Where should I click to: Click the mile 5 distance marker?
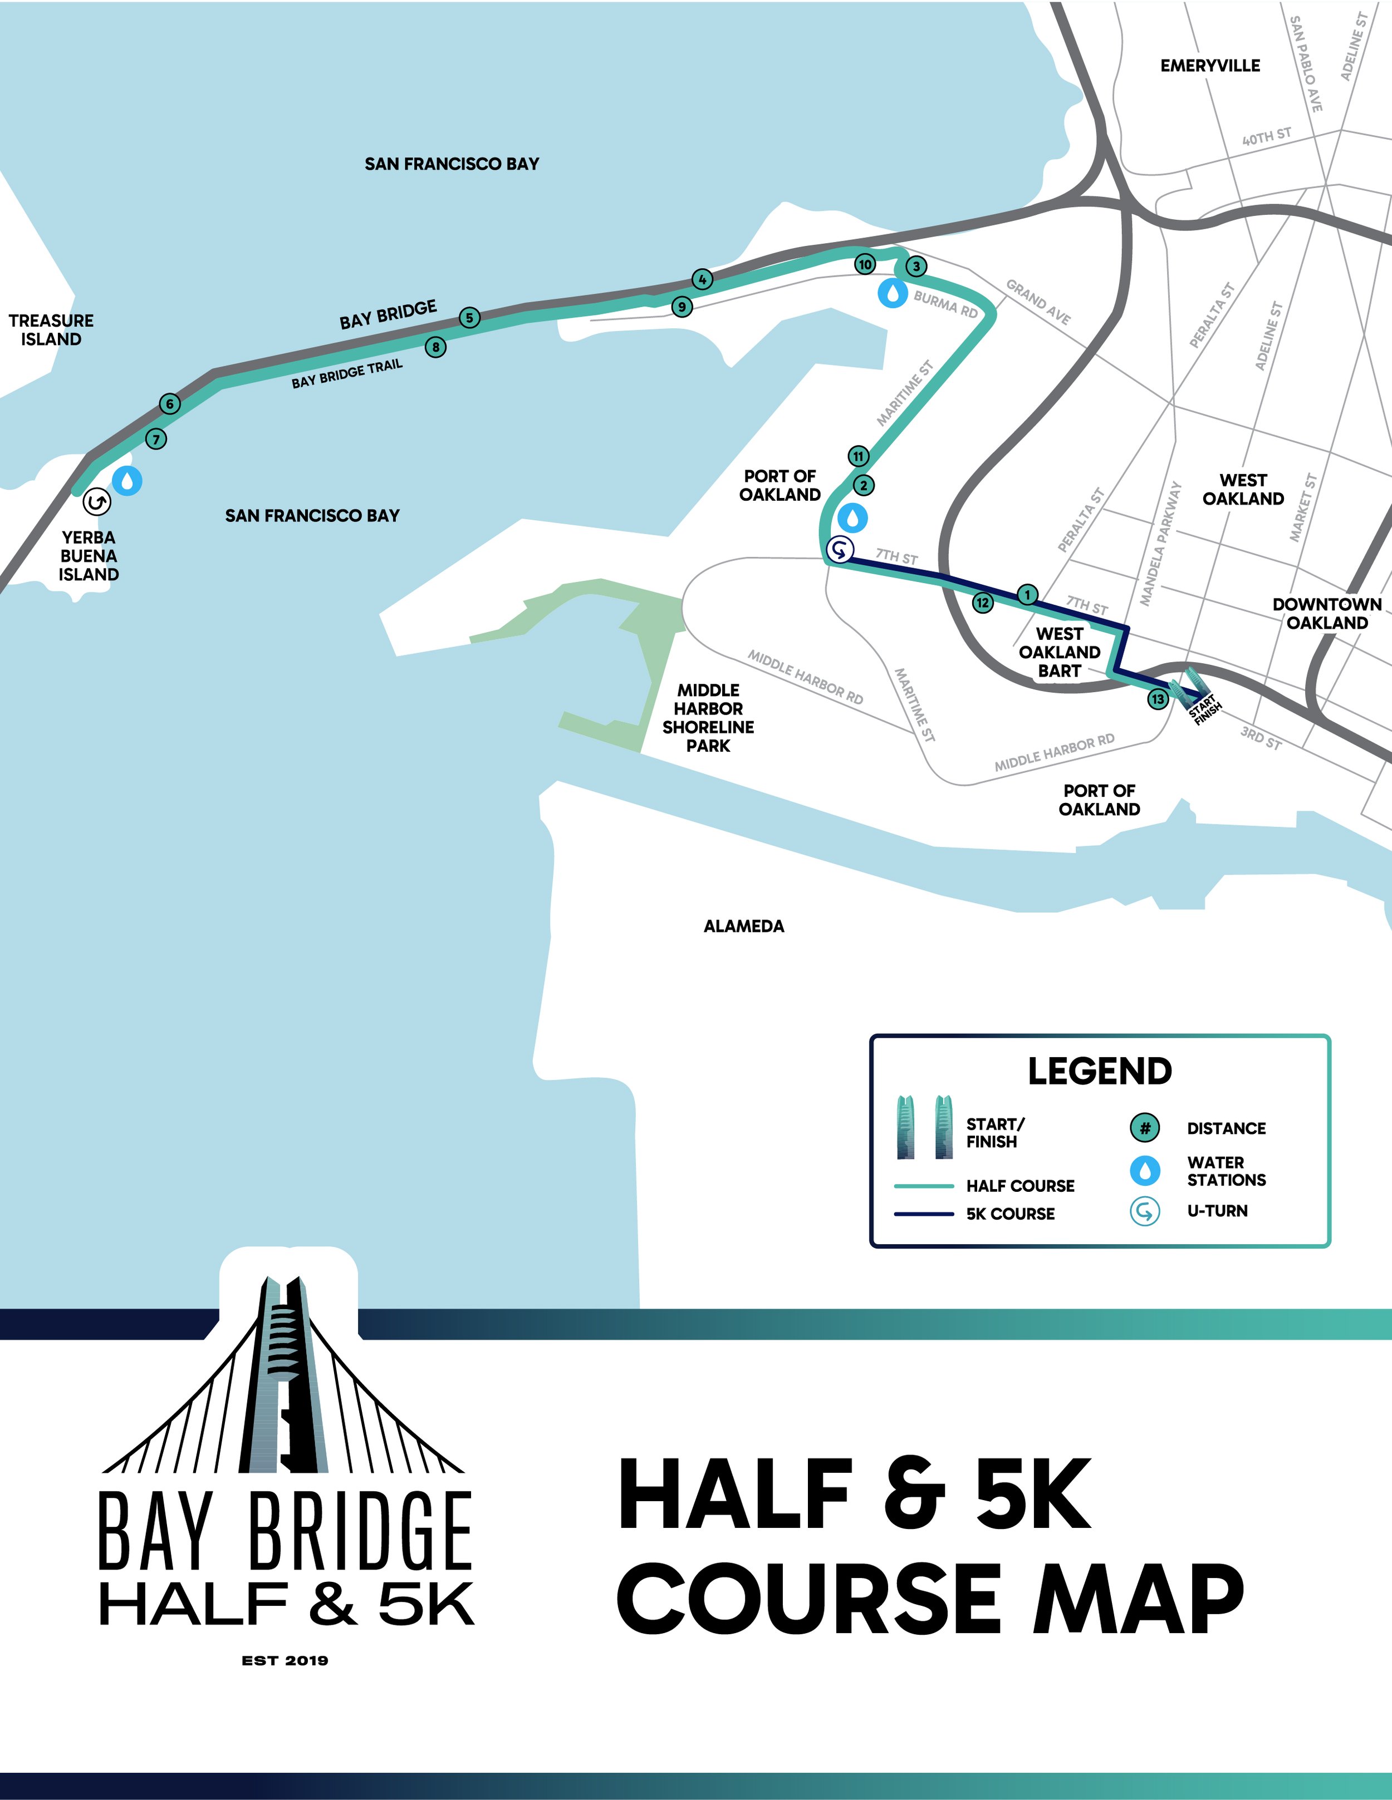tap(469, 317)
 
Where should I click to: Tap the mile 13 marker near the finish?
tap(1158, 699)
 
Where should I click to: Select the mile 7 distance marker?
tap(156, 438)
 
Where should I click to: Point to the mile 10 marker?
tap(864, 264)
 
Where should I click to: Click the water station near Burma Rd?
tap(892, 293)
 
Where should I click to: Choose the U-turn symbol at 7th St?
tap(840, 548)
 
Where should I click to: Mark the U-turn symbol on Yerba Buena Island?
tap(96, 501)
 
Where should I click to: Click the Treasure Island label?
tap(51, 329)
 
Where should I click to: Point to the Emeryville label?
tap(1210, 66)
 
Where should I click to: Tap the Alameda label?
tap(744, 926)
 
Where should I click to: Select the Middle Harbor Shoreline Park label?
tap(708, 718)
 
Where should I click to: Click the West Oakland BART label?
tap(1060, 652)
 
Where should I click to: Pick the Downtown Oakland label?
tap(1327, 613)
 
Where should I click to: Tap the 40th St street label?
tap(1267, 137)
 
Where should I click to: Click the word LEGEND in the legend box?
tap(1099, 1072)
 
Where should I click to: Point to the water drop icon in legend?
tap(1145, 1170)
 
